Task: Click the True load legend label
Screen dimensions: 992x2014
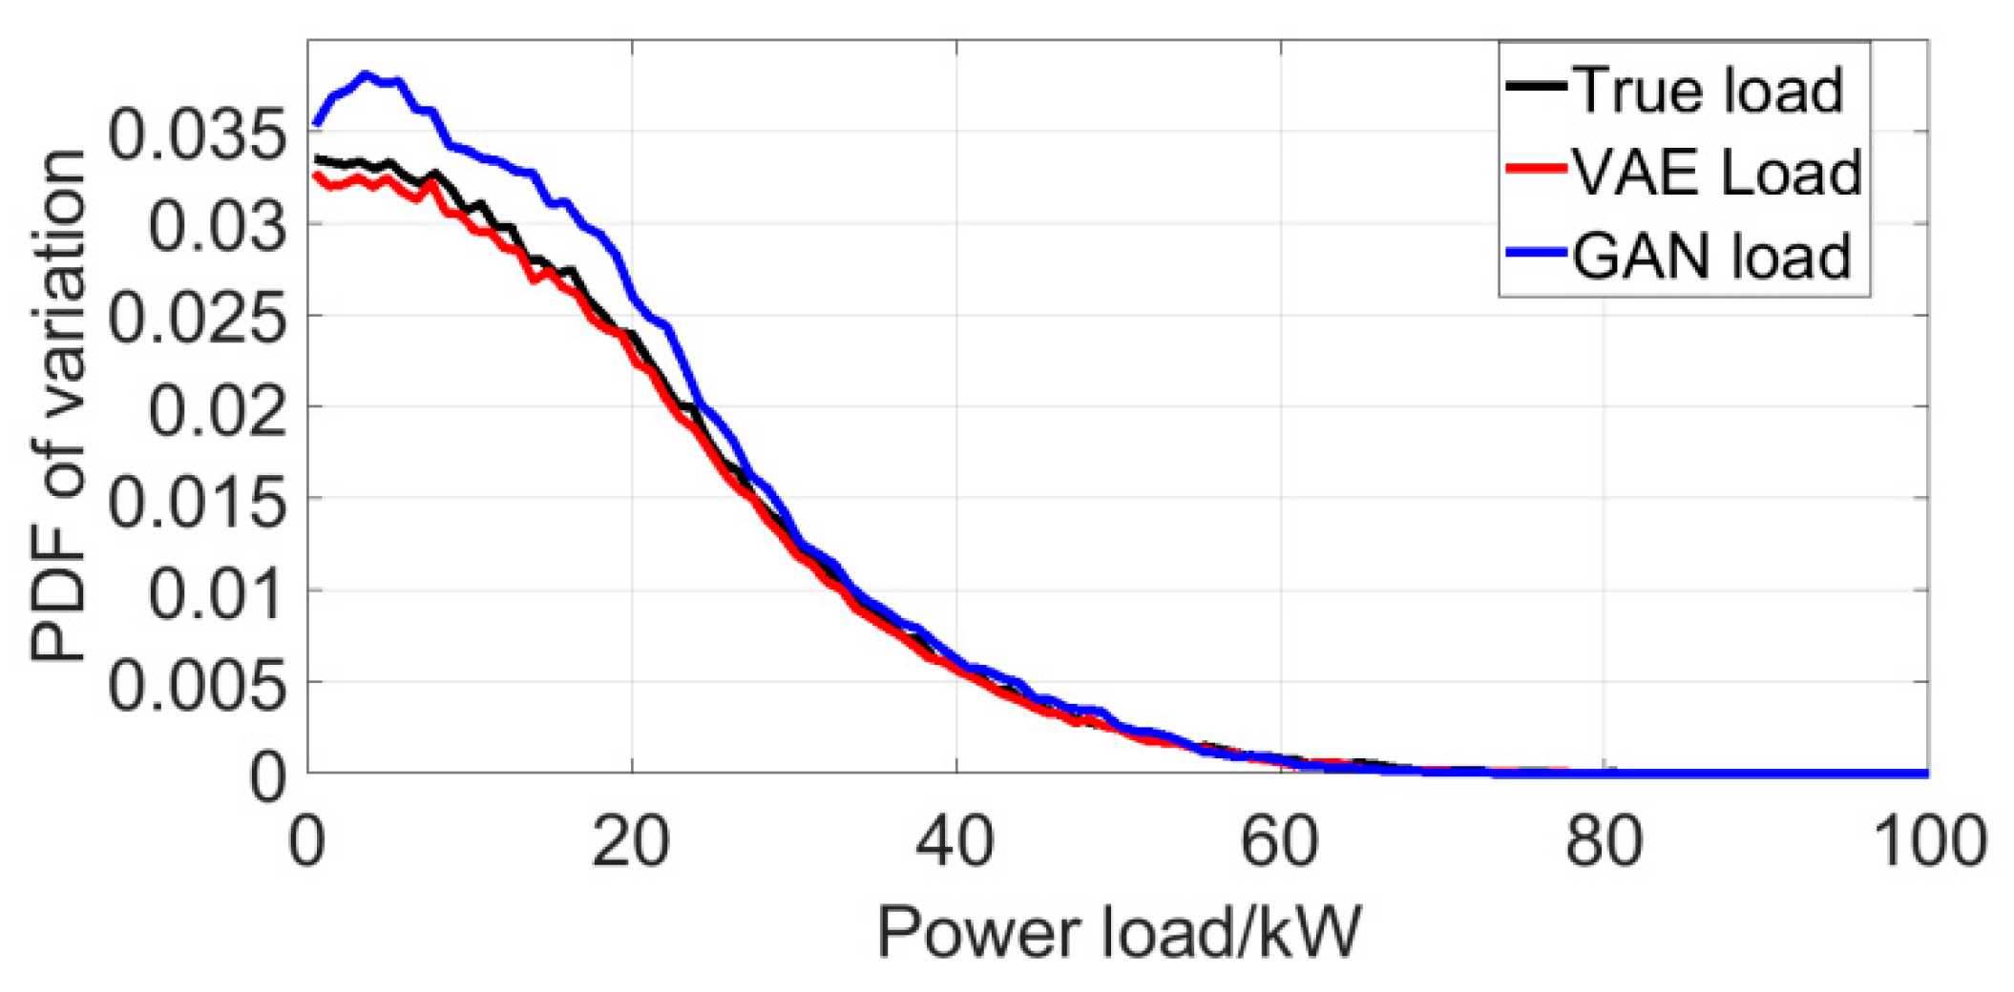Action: (x=1707, y=91)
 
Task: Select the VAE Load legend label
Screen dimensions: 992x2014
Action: (x=1716, y=173)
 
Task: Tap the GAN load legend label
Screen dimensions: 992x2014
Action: (x=1711, y=256)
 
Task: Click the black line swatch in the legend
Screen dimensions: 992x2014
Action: (x=1536, y=87)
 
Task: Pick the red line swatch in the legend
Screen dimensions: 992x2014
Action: (x=1536, y=170)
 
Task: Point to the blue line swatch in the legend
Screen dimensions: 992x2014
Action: (x=1536, y=253)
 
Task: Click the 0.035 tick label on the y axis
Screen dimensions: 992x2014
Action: (x=197, y=134)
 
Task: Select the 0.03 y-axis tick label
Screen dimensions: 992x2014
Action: (x=218, y=226)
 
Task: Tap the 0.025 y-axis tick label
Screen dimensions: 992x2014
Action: (x=197, y=318)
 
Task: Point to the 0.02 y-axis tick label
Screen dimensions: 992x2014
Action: (x=218, y=410)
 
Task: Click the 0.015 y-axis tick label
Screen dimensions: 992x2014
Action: (x=197, y=502)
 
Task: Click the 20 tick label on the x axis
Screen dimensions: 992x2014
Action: (x=631, y=841)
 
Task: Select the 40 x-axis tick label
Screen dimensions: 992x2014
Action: (x=955, y=841)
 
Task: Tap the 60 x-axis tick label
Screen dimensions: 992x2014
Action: (x=1279, y=841)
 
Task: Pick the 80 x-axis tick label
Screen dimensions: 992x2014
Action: (x=1604, y=841)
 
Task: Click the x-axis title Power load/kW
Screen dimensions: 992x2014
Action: (x=1119, y=931)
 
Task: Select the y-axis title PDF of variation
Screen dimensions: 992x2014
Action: (x=59, y=405)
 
